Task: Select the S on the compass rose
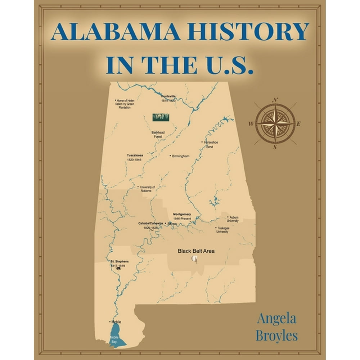point(274,147)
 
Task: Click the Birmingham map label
point(180,156)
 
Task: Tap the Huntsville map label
point(168,96)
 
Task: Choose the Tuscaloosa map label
point(135,155)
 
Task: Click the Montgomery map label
point(182,214)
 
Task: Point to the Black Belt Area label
point(196,251)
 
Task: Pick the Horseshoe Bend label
point(211,144)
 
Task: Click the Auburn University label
point(233,219)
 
